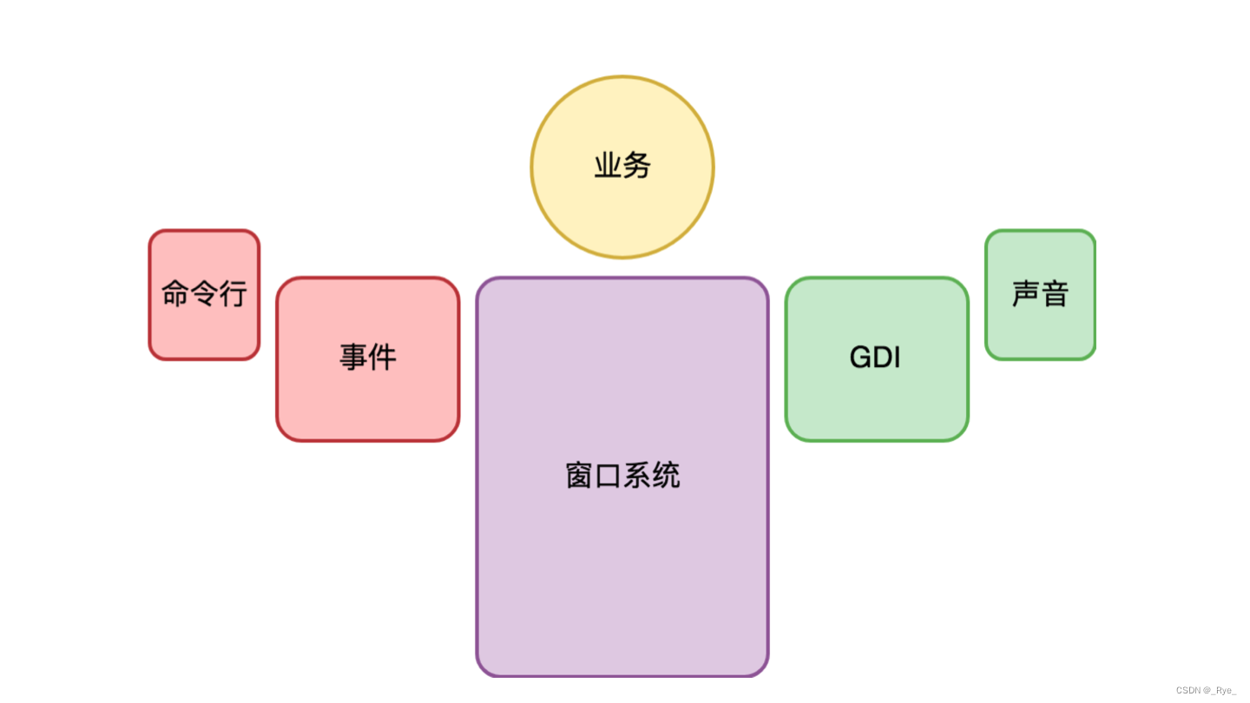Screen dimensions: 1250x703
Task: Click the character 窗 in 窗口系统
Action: (579, 476)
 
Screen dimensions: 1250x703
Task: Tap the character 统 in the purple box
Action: (666, 476)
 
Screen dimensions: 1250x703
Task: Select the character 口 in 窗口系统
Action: (608, 476)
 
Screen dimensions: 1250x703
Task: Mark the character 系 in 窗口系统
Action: (637, 476)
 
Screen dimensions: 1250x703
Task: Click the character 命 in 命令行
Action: (175, 293)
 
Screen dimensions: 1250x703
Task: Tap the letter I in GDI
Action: (897, 358)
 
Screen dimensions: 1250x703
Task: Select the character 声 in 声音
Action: (1025, 293)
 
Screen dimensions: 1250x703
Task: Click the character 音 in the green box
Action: (1055, 293)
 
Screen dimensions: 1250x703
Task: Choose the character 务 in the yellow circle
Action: (636, 166)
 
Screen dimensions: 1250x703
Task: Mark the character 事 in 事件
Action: (353, 357)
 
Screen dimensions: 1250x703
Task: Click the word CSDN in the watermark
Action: (1187, 691)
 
